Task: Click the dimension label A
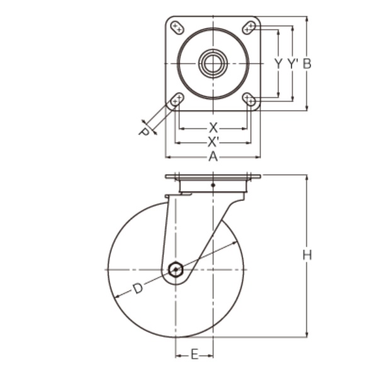click(213, 157)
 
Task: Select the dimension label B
click(306, 63)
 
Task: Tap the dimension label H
click(306, 255)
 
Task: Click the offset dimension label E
click(194, 356)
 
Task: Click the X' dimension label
click(213, 141)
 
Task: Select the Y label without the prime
click(277, 63)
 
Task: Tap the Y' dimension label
click(291, 63)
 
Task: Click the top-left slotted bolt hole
click(177, 27)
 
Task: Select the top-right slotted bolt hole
click(249, 27)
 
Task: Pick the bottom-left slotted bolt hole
click(177, 99)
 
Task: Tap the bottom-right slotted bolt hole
click(249, 99)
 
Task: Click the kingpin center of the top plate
click(213, 62)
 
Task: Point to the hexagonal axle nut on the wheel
click(177, 271)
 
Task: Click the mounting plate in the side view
click(213, 177)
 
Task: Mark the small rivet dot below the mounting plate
click(213, 185)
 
